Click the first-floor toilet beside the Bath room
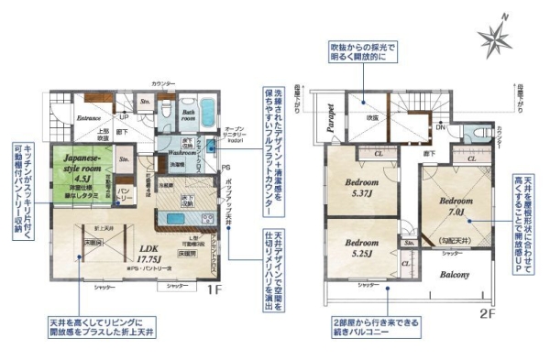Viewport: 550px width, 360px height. coord(168,110)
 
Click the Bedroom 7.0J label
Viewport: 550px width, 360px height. coord(456,205)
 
